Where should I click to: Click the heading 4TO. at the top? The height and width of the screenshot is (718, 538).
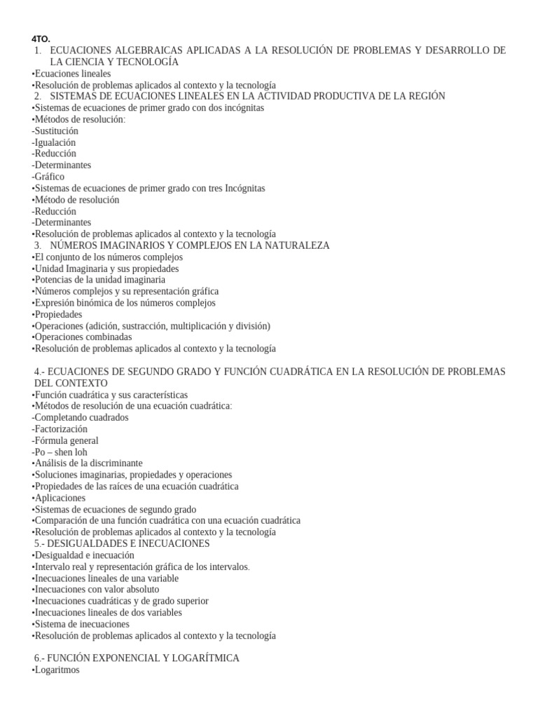coord(41,39)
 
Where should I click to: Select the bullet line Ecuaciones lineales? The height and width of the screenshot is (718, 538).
coord(71,73)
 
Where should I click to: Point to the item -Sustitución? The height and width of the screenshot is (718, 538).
coord(55,130)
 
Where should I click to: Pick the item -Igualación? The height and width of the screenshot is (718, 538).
coord(54,142)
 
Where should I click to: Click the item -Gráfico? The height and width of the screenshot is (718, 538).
coord(48,177)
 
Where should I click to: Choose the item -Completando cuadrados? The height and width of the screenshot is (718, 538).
coord(81,417)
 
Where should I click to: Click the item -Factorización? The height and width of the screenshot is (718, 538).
coord(60,428)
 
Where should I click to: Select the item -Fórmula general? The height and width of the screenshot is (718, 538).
coord(65,440)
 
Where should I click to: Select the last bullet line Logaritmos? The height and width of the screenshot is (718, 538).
coord(56,670)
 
